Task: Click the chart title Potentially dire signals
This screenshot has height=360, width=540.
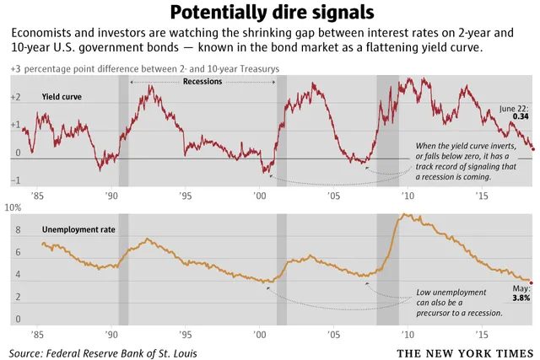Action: (x=269, y=13)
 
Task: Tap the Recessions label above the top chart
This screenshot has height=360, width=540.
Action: (x=202, y=82)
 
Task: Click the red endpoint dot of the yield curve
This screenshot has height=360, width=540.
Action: (x=532, y=148)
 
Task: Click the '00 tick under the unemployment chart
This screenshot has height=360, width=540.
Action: (x=258, y=333)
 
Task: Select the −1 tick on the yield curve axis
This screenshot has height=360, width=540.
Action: (x=14, y=181)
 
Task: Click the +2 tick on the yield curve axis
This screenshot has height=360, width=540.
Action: (x=14, y=99)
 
